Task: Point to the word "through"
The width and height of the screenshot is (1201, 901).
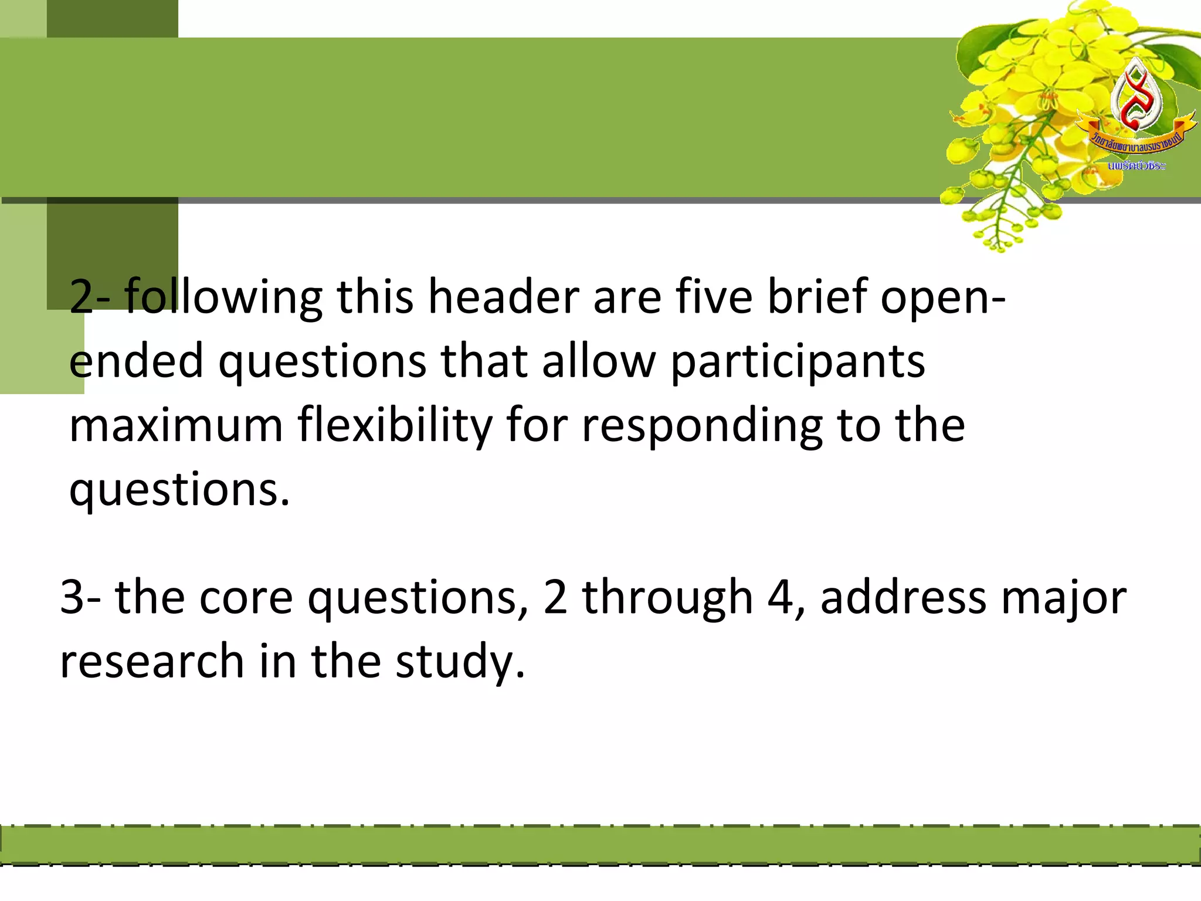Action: (667, 597)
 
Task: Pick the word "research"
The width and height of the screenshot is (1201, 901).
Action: (152, 661)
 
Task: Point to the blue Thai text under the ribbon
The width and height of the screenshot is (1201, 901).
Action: (1136, 166)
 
